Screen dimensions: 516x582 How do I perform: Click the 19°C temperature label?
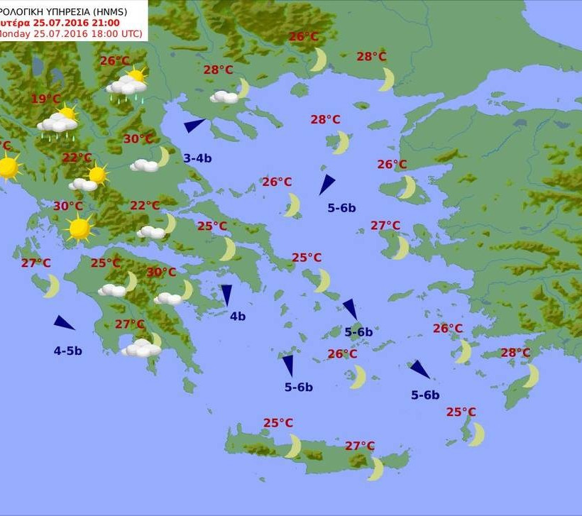(46, 99)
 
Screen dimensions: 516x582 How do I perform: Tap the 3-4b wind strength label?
(197, 158)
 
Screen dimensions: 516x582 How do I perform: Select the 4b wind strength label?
(238, 317)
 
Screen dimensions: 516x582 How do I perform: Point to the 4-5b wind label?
(67, 351)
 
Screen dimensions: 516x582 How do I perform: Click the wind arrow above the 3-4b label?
(194, 126)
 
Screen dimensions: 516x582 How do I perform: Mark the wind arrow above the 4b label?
(226, 295)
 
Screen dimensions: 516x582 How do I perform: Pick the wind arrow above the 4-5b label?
(64, 323)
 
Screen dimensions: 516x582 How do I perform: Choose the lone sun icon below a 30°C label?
(79, 229)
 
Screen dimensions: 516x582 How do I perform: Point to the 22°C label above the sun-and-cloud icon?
(77, 158)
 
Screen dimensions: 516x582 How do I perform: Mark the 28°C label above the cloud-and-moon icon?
(218, 70)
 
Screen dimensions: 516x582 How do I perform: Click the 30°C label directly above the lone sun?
(68, 207)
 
